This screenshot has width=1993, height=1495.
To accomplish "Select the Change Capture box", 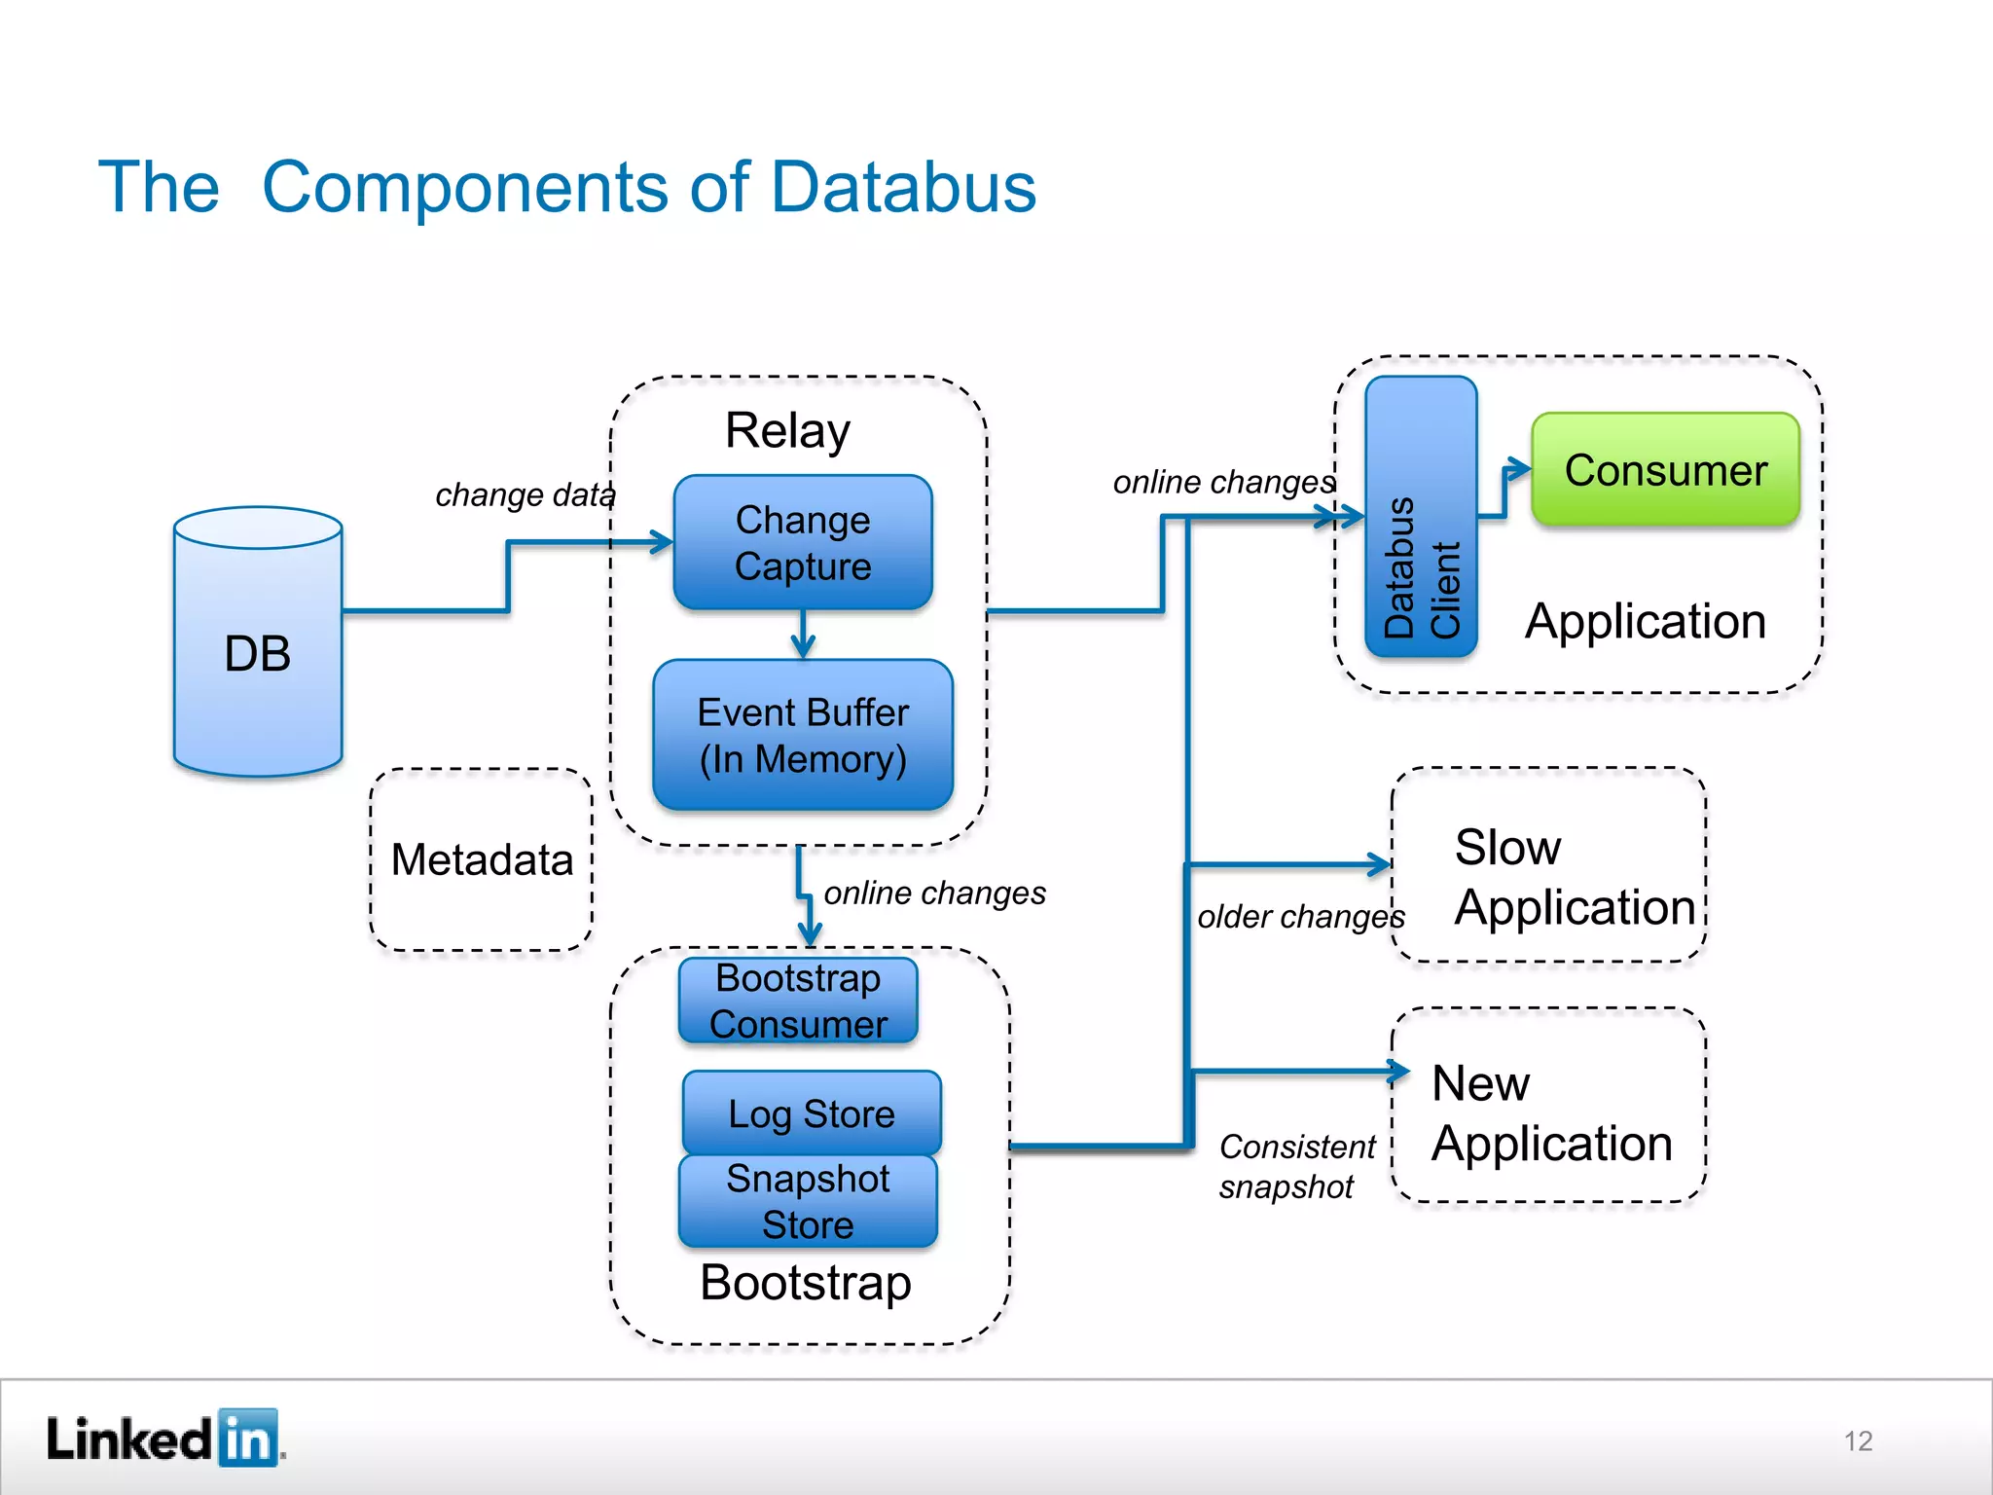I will click(x=803, y=542).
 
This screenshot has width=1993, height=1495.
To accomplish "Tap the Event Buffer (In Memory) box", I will click(x=803, y=735).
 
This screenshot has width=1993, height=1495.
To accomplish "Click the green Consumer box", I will click(x=1665, y=470).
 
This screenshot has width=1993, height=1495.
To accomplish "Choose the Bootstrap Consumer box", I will click(x=798, y=1001).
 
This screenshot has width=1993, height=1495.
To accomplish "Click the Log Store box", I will click(x=812, y=1112).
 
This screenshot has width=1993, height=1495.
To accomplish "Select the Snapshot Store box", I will click(x=808, y=1201).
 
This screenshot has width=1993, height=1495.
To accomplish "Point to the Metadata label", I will click(x=482, y=859).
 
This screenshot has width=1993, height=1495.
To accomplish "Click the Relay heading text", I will click(x=787, y=430).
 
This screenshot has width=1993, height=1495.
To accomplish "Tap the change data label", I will click(x=525, y=494).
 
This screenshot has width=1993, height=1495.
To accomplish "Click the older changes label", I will click(x=1300, y=916).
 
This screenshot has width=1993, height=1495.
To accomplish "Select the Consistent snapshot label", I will click(x=1296, y=1166).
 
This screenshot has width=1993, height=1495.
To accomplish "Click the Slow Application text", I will click(x=1574, y=876).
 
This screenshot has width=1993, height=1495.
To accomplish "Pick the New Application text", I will click(x=1551, y=1112).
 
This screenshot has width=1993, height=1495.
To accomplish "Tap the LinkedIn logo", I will click(x=163, y=1438).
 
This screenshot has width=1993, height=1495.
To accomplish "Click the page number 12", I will click(x=1858, y=1440).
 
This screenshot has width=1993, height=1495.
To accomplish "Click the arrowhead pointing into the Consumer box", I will click(x=1518, y=470).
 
